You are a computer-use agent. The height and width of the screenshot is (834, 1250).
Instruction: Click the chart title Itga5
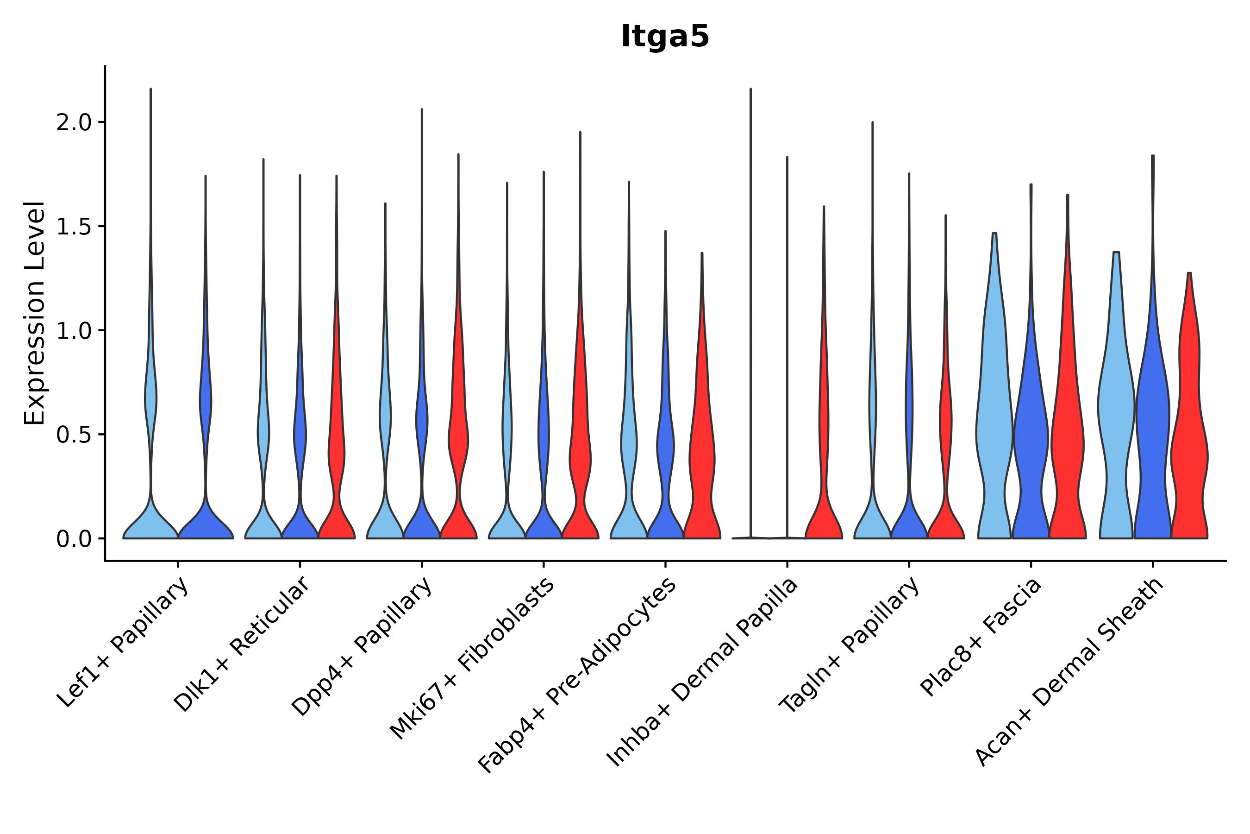[x=664, y=37]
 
